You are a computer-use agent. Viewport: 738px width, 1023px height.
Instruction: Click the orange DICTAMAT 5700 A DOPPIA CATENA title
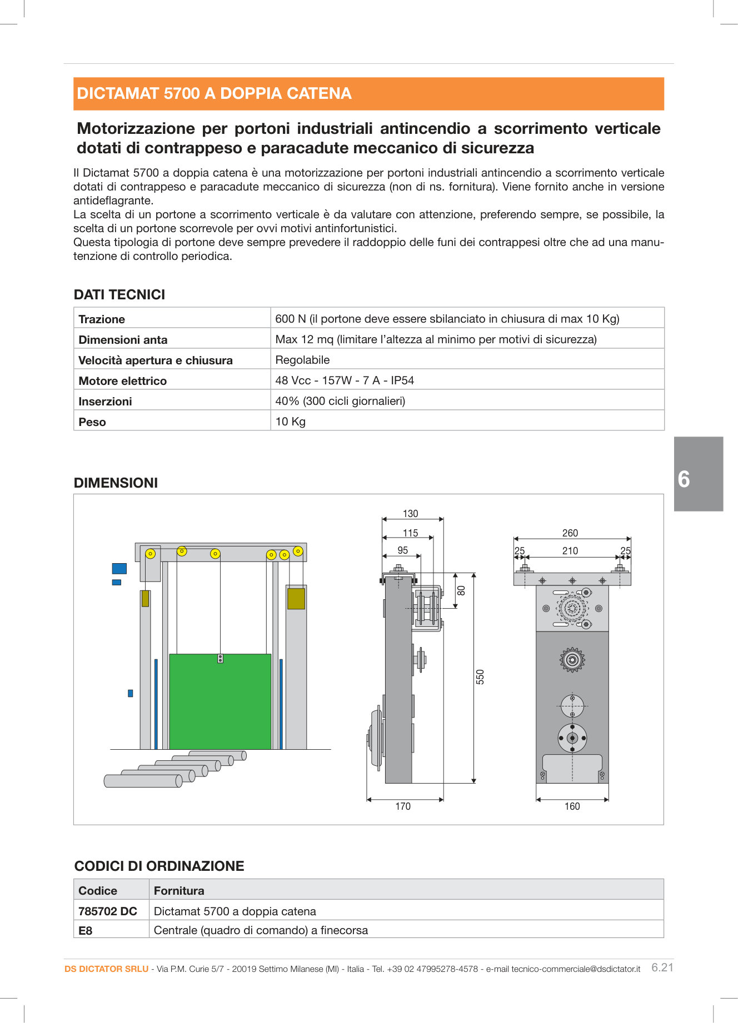pos(214,93)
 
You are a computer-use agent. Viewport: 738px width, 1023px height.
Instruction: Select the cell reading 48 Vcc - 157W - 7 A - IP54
pos(345,380)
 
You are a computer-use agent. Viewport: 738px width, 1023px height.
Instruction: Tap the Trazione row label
pos(102,319)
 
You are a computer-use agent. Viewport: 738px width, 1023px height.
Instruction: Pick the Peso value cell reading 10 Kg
pos(291,422)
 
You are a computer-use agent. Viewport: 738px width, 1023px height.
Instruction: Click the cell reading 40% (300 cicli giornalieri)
pos(340,401)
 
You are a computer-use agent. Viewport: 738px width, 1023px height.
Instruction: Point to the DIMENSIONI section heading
pos(116,483)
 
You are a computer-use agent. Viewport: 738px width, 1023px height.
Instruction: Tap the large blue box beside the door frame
pos(119,568)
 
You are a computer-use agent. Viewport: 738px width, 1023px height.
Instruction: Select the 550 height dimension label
pos(480,676)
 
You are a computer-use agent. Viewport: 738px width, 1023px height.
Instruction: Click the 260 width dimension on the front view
pos(570,533)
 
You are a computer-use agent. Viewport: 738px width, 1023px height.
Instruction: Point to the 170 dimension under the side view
pos(403,806)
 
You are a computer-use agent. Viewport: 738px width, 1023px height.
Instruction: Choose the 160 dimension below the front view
pos(572,806)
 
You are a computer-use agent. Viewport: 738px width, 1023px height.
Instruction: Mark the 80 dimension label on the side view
pos(461,590)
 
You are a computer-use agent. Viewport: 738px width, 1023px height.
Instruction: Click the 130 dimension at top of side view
pos(410,514)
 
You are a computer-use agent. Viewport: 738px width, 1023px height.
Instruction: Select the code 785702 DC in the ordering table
pos(108,911)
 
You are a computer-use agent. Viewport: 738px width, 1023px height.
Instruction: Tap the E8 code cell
pos(86,930)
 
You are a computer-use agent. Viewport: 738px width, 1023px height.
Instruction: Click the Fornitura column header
pos(179,891)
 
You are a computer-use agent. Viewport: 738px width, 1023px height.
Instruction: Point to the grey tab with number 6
pos(698,474)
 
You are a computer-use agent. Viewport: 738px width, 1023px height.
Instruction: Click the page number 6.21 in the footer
pos(662,967)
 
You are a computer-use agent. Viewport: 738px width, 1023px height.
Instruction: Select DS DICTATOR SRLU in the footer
pos(106,969)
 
